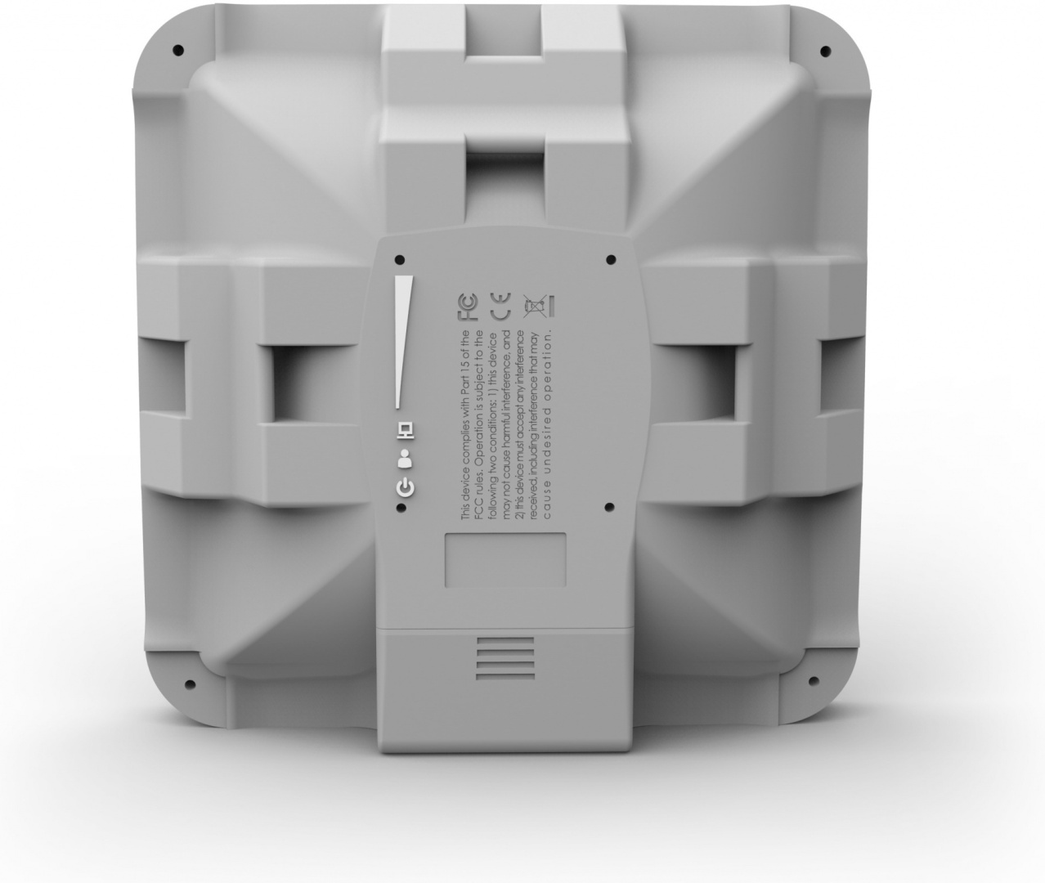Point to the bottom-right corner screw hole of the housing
pos(814,679)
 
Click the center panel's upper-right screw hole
pos(611,260)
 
